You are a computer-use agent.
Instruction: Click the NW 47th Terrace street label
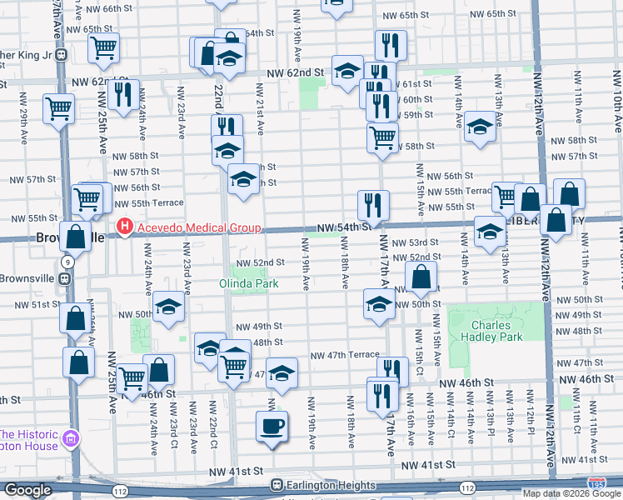click(345, 355)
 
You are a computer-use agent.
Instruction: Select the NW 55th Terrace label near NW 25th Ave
click(148, 202)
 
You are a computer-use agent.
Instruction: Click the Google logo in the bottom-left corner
click(27, 490)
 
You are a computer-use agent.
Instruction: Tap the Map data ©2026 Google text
click(572, 493)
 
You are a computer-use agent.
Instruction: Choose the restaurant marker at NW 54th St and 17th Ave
click(373, 203)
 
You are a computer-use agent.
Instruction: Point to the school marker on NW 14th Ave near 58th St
click(480, 126)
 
